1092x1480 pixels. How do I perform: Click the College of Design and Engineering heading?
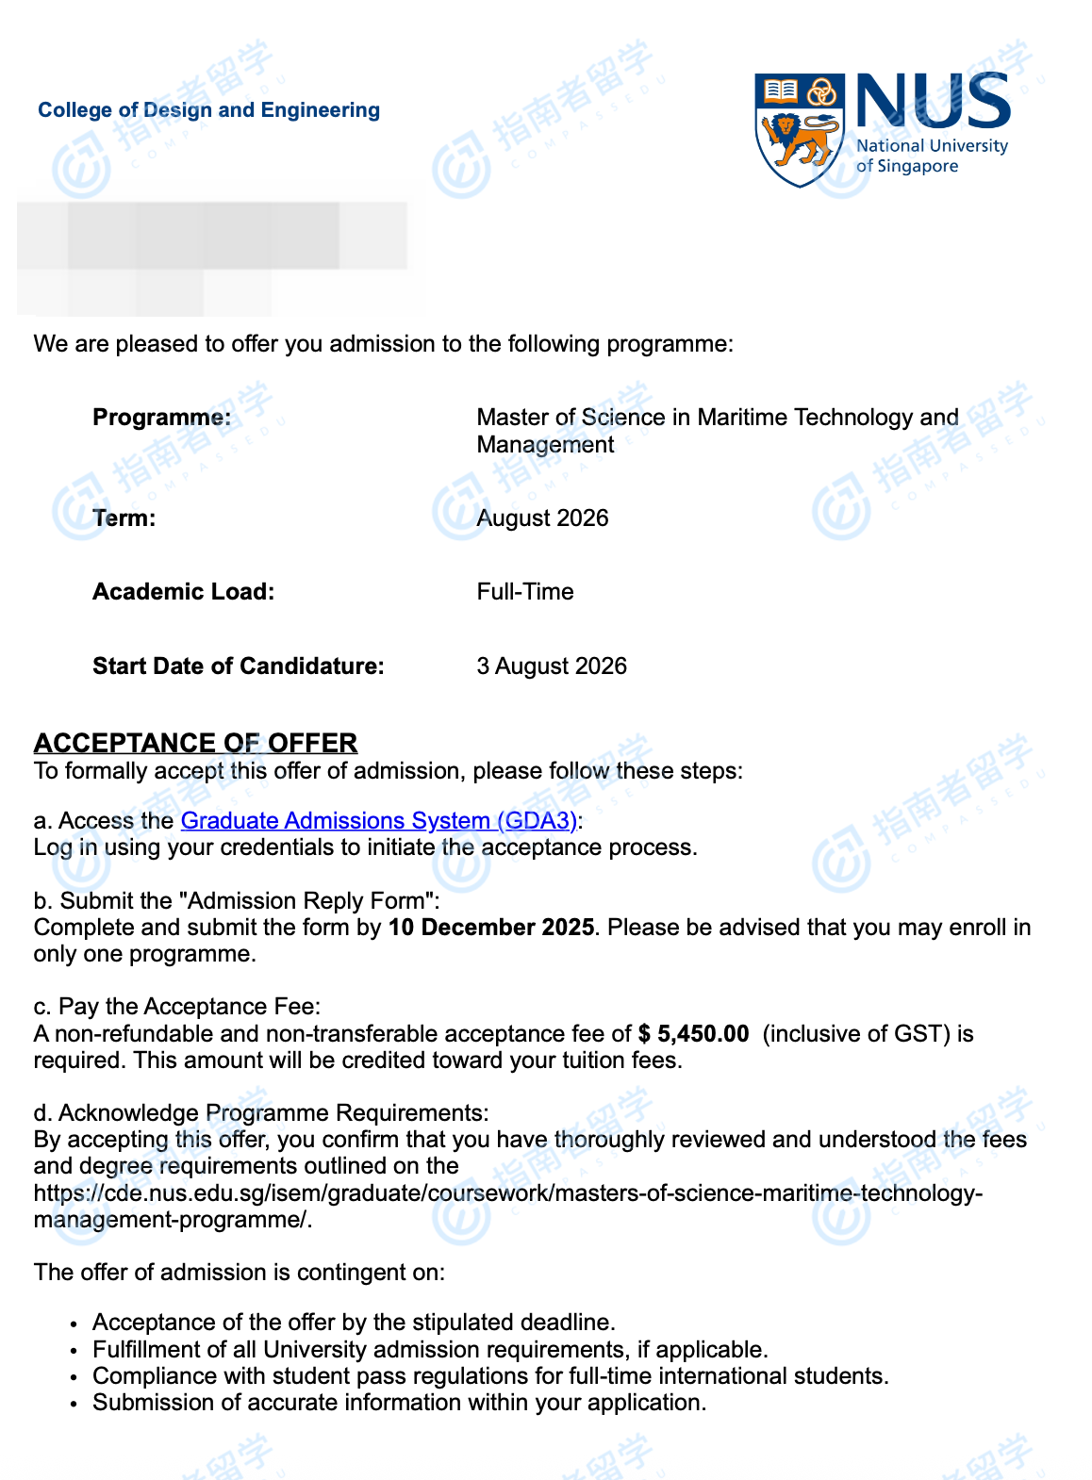(x=208, y=110)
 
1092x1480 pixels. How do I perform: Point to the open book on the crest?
(x=781, y=91)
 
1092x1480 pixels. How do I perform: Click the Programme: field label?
(x=161, y=418)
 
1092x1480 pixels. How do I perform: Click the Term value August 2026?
(x=542, y=518)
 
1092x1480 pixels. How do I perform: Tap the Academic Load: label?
(x=183, y=592)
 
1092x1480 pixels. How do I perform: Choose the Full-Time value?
(x=524, y=592)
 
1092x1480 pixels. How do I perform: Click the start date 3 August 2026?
(x=551, y=666)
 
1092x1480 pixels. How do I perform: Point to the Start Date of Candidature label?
(x=238, y=666)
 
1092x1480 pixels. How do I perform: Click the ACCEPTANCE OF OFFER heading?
(x=195, y=743)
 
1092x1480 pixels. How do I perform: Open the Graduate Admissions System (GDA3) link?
(x=378, y=821)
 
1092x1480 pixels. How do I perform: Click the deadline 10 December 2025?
(x=490, y=928)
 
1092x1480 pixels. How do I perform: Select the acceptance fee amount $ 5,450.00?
(x=693, y=1034)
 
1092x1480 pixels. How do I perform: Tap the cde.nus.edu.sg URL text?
(x=507, y=1193)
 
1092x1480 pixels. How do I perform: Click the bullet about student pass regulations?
(x=490, y=1376)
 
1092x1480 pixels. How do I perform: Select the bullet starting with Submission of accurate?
(x=399, y=1403)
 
